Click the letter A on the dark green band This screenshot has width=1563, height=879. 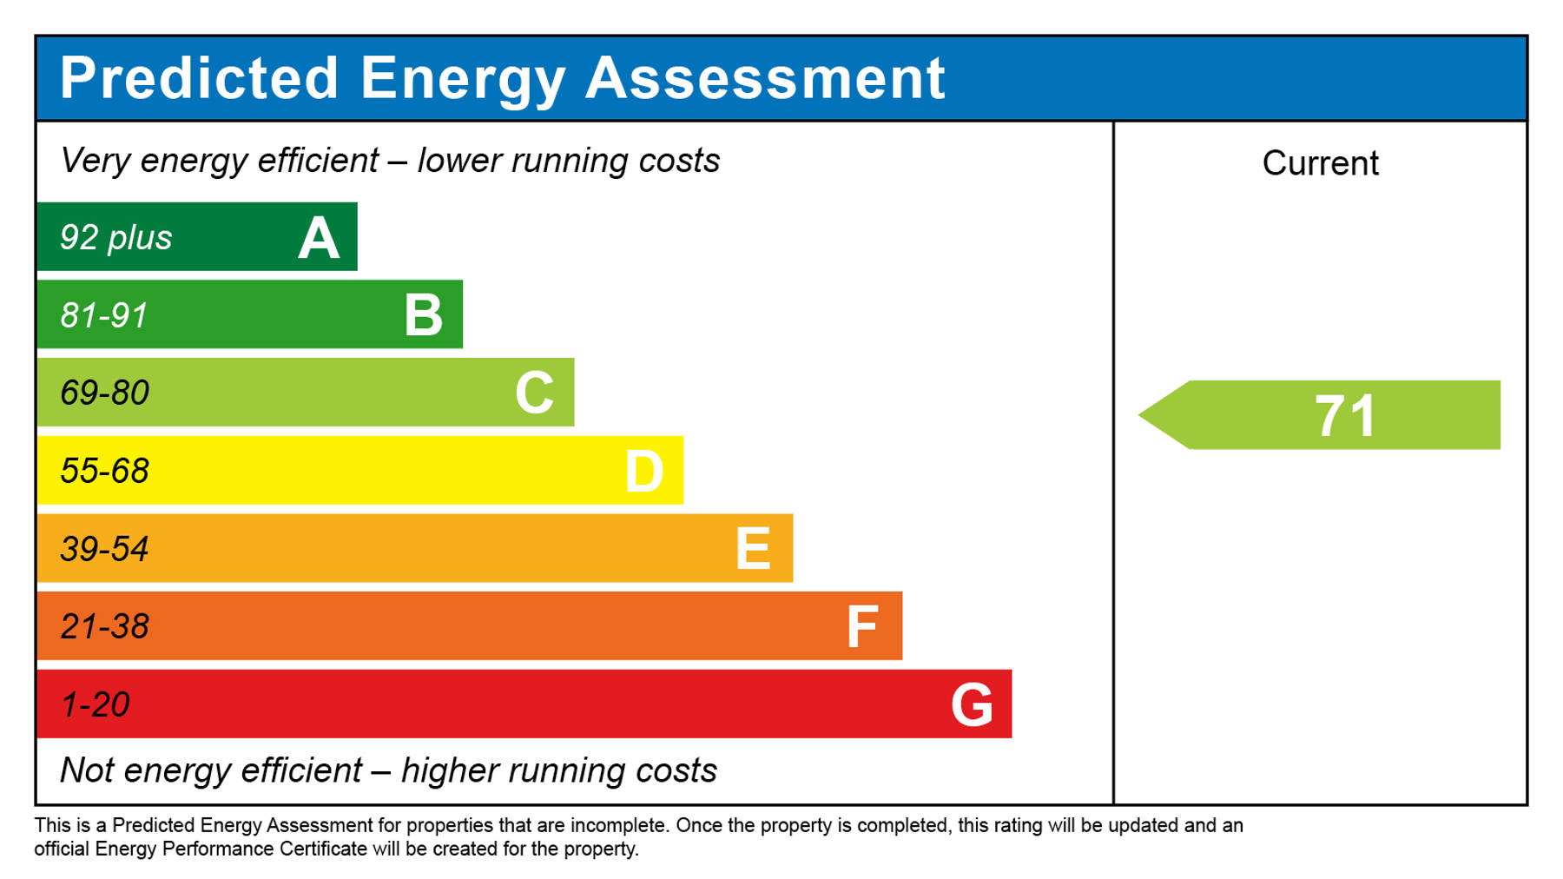coord(318,238)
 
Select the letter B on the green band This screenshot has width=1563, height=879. coord(424,315)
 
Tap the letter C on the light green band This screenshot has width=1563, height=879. coord(534,393)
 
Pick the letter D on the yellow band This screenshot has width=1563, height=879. coord(643,472)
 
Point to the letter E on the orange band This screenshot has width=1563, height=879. coord(752,549)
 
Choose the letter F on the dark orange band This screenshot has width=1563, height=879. coord(861,627)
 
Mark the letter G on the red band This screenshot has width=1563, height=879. coord(972,704)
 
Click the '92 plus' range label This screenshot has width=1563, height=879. coord(115,238)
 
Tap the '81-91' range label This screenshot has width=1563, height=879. coord(104,315)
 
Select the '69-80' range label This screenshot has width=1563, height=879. coord(104,393)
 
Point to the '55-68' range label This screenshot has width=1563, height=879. coord(104,471)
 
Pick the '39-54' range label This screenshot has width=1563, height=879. coord(104,549)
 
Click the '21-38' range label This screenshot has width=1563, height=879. coord(104,626)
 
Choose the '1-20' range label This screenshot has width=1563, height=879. coord(95,704)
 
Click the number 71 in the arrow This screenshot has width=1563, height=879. coord(1345,416)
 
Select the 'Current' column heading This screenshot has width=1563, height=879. coord(1320,163)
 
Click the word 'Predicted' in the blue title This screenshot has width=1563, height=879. coord(199,78)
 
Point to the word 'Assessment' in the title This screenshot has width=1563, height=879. coord(765,78)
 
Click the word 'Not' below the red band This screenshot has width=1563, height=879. coord(87,770)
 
